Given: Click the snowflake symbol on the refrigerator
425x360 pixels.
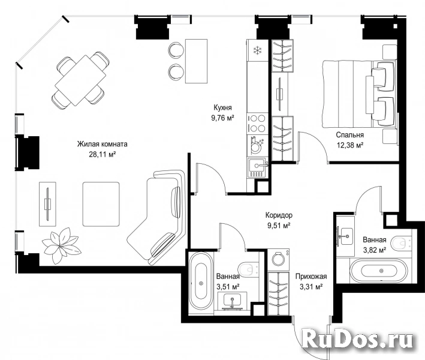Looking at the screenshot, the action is (x=257, y=50).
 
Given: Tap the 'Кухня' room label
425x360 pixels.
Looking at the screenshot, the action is (x=222, y=108).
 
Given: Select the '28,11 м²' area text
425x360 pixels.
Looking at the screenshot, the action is (x=103, y=154).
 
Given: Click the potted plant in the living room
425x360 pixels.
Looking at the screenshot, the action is (x=61, y=245).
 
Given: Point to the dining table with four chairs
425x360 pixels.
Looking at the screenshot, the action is (x=80, y=80).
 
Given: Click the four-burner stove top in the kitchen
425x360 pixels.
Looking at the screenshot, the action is (x=258, y=124).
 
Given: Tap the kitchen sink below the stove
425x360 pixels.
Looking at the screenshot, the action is (x=257, y=167).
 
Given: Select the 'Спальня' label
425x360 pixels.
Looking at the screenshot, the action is (x=349, y=135).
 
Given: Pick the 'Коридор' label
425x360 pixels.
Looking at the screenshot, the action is (x=279, y=215).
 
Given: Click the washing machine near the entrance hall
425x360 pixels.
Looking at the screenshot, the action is (x=278, y=259).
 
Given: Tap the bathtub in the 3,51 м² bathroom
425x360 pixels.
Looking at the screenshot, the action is (x=201, y=283).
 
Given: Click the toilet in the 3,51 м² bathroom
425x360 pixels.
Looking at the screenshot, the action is (x=248, y=269).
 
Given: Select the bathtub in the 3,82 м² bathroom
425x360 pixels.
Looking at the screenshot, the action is (x=379, y=271).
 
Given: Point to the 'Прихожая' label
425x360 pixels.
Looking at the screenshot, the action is (x=311, y=277).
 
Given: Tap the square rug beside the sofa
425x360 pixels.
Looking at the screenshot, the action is (x=101, y=204).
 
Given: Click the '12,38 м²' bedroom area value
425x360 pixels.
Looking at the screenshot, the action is (x=350, y=145).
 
